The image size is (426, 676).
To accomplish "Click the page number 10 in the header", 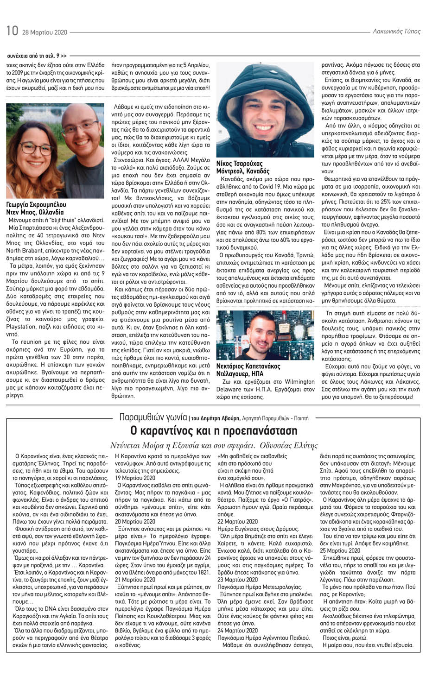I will [x=12, y=31].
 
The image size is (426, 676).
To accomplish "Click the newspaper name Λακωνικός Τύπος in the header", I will [x=396, y=32].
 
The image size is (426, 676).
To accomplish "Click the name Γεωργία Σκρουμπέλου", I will [x=36, y=204].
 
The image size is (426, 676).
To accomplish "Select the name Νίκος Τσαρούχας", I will [x=239, y=164].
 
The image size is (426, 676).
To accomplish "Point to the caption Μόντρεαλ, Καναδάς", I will [x=242, y=171].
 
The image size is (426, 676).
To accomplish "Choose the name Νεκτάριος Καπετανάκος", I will [x=248, y=366].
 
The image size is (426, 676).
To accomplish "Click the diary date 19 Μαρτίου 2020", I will [x=135, y=478].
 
